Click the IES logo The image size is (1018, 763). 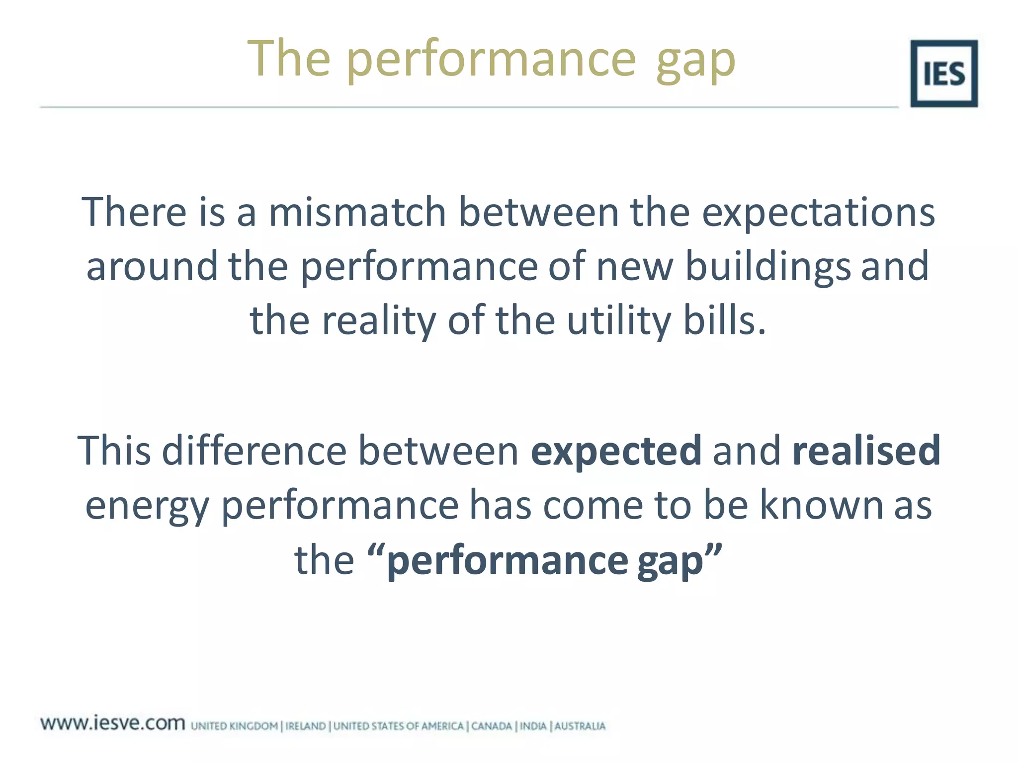pos(943,74)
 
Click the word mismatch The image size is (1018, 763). pos(357,212)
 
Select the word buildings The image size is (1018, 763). pos(767,267)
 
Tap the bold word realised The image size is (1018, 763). pos(866,451)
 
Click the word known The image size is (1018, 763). pos(822,505)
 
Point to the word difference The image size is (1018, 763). pos(254,451)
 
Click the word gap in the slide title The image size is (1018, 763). pos(695,61)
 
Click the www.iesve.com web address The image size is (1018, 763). pos(113,723)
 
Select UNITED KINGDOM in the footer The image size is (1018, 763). pos(234,726)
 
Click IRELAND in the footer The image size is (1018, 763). pos(305,726)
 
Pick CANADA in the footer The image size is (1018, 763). pos(491,726)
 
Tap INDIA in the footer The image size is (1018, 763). pos(533,726)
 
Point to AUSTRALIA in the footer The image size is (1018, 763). pos(580,726)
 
